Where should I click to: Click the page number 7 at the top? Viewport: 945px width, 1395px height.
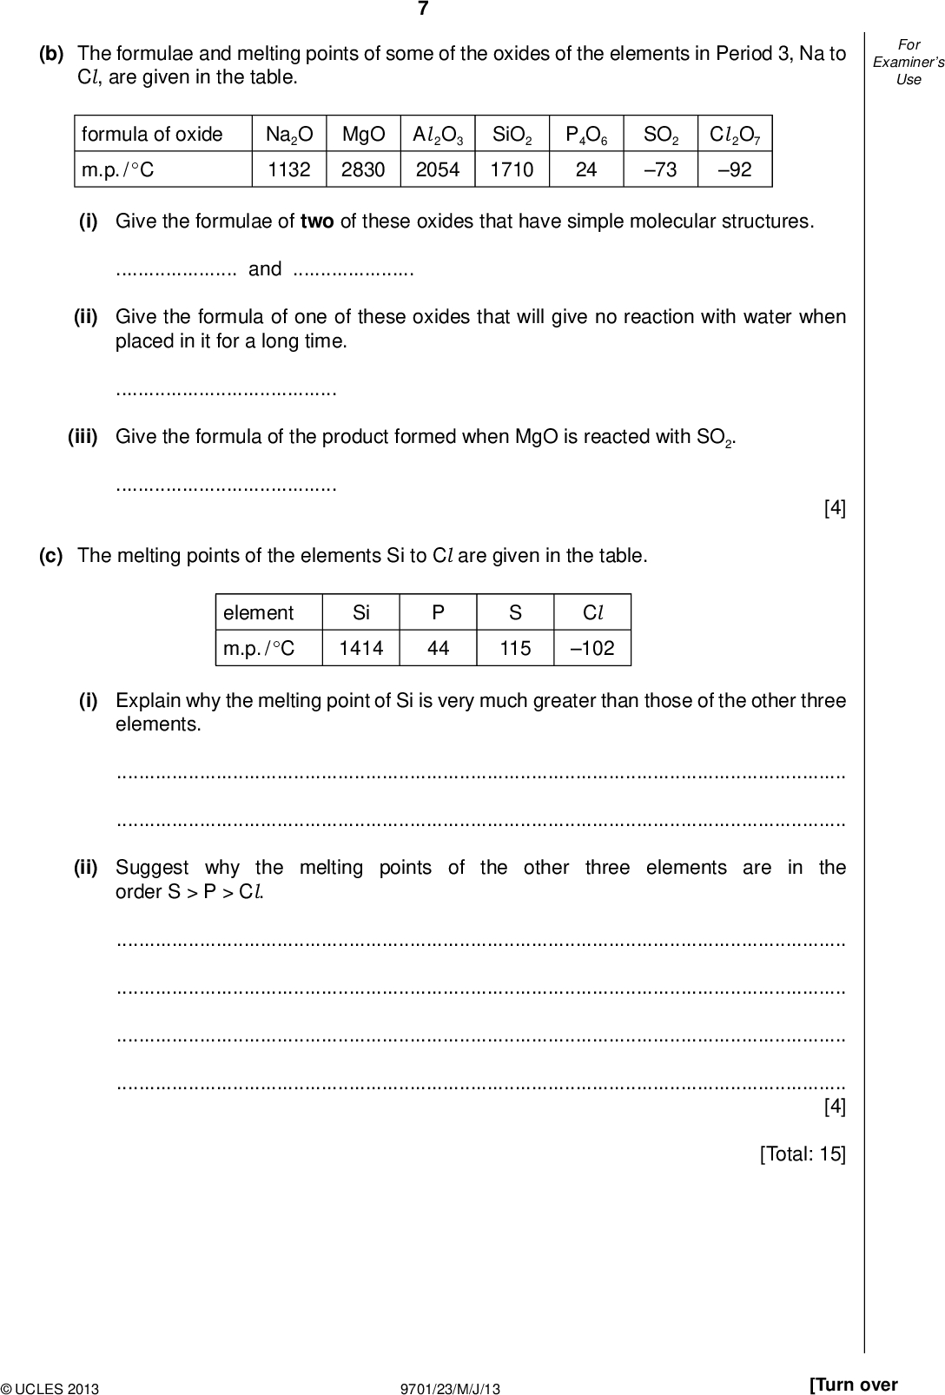[423, 10]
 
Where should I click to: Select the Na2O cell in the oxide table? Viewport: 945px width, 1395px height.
[289, 135]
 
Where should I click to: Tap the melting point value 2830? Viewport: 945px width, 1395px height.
[363, 169]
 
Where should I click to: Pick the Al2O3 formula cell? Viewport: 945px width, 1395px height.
[438, 135]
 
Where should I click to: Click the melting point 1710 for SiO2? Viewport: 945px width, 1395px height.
[512, 169]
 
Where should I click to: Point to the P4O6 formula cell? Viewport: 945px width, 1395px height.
[586, 135]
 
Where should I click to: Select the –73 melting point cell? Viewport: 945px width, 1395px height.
[660, 169]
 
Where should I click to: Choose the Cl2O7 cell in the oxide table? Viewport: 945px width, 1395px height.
[735, 135]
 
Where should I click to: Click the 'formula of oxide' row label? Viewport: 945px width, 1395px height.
[152, 135]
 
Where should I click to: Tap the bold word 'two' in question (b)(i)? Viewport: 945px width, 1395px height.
[317, 221]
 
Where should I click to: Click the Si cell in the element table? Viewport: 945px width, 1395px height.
[361, 612]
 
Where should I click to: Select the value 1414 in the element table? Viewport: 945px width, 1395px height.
[361, 648]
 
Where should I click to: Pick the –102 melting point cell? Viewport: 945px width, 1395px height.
[592, 648]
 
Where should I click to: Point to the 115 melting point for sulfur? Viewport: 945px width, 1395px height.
[515, 648]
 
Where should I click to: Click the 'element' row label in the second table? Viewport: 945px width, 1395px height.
[259, 612]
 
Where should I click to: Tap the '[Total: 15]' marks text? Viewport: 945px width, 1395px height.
[803, 1154]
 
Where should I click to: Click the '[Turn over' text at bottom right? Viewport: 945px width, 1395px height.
[853, 1385]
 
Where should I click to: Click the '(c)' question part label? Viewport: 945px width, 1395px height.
[51, 556]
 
